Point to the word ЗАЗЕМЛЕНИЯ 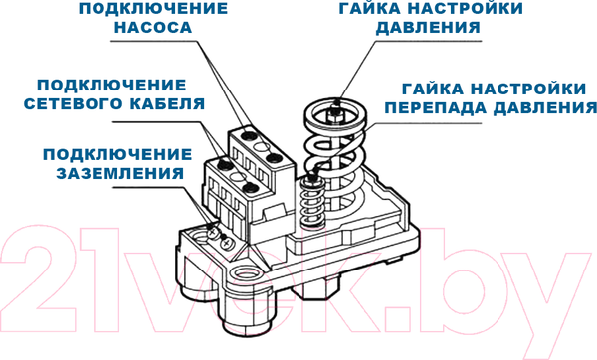[116, 171]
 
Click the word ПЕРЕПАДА [432, 106]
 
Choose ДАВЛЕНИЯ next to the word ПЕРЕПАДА [538, 106]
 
